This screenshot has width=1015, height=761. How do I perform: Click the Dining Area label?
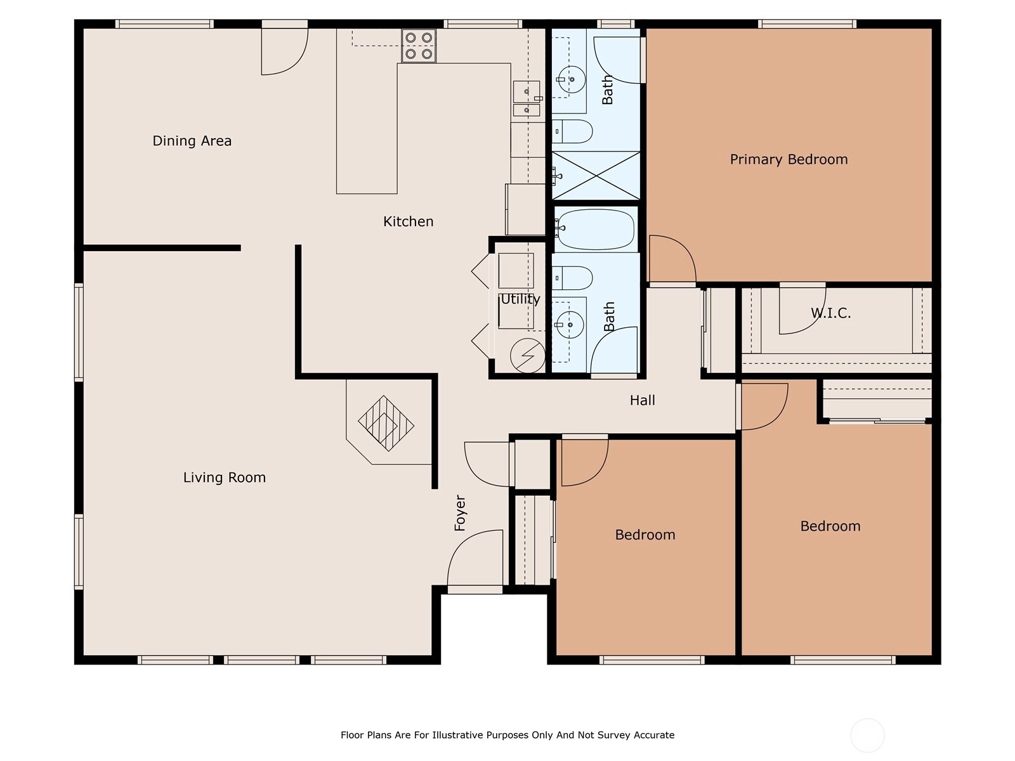tap(192, 140)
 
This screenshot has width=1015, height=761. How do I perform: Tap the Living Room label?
tap(225, 478)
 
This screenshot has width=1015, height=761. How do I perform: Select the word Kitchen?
tap(409, 221)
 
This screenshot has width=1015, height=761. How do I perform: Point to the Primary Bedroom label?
tap(789, 159)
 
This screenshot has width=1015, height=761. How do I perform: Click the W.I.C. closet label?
tap(830, 313)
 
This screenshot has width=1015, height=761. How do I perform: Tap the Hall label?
tap(642, 400)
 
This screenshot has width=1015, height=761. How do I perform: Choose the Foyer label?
tap(460, 513)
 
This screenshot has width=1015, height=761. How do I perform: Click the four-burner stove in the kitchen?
tap(419, 45)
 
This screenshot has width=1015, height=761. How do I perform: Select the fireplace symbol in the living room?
tap(386, 423)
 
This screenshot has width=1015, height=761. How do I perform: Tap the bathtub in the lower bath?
tap(595, 230)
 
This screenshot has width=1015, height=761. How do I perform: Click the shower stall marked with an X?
tap(596, 176)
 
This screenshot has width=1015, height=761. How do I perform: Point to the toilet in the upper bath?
tap(572, 131)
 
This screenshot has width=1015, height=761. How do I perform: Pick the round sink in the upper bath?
tap(572, 79)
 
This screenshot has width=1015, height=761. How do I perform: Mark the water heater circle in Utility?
tap(528, 356)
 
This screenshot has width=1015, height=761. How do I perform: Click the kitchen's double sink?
tap(527, 98)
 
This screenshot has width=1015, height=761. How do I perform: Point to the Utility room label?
tap(520, 299)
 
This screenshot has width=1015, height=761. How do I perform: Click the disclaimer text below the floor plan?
tap(507, 734)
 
